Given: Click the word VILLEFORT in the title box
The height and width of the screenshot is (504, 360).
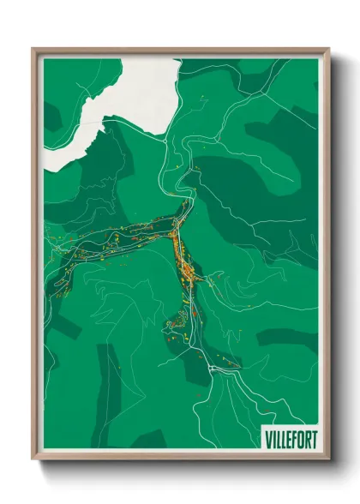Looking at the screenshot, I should click(290, 439).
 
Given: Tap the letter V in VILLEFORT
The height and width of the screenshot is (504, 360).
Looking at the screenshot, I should click(267, 439).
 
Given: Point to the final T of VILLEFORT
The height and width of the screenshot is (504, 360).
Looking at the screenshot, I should click(313, 439).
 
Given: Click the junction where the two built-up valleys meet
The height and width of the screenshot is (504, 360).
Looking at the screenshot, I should click(176, 225).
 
